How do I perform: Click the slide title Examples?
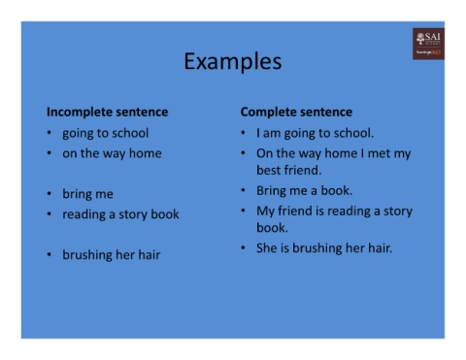[233, 62]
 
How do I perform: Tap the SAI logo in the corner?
[427, 44]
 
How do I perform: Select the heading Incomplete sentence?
[107, 112]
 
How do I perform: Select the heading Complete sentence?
[296, 112]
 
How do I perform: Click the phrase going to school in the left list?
[106, 133]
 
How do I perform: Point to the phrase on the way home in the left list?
[112, 152]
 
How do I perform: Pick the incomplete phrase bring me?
[87, 194]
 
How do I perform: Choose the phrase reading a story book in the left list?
[121, 213]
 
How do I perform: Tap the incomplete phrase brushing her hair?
[112, 255]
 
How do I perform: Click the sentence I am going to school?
[315, 133]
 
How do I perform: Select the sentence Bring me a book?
[304, 190]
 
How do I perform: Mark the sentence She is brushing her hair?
[323, 248]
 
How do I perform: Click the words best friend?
[288, 170]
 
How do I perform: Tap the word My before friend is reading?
[267, 211]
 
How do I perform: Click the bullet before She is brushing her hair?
[244, 248]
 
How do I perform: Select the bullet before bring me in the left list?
[50, 194]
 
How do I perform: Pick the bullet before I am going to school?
[244, 133]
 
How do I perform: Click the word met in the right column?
[379, 153]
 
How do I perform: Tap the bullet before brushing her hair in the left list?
[50, 255]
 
